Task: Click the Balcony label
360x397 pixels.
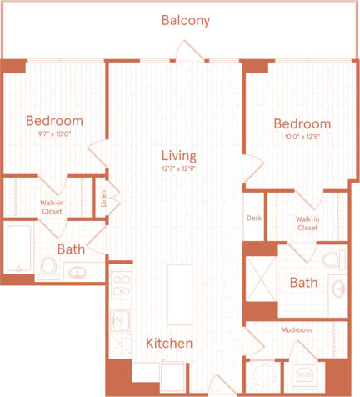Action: (x=185, y=20)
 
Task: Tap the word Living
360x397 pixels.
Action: (x=178, y=155)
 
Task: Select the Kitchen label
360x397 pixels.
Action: (x=169, y=344)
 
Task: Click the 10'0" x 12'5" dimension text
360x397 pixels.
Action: (x=296, y=138)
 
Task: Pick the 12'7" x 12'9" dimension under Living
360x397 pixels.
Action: (x=178, y=169)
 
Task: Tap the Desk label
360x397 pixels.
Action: (x=253, y=219)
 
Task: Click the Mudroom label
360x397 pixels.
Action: (x=297, y=330)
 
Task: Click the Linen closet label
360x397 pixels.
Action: (x=101, y=199)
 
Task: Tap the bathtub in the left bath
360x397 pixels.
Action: (x=18, y=250)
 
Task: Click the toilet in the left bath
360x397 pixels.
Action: (x=48, y=267)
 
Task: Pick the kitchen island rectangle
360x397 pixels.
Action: (x=179, y=288)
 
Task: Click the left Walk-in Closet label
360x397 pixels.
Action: (x=52, y=206)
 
